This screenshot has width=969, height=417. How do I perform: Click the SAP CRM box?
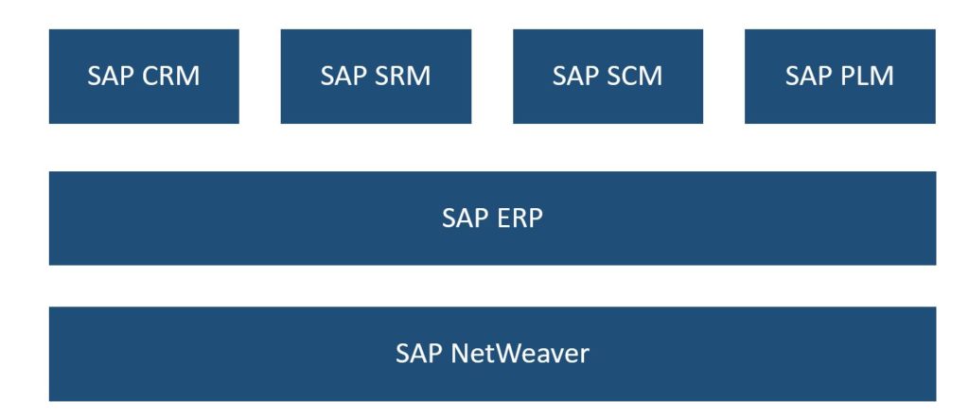(x=144, y=76)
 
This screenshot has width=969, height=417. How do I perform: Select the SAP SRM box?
(x=376, y=76)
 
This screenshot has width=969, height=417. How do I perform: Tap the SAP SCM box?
(x=608, y=76)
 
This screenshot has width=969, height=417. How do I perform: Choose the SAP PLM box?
(x=840, y=76)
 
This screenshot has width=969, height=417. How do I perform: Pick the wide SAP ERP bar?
(x=492, y=218)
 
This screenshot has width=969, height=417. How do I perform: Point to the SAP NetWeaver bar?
(x=492, y=354)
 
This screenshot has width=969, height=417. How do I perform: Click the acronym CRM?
(x=171, y=76)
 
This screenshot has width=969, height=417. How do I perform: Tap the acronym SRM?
(x=403, y=76)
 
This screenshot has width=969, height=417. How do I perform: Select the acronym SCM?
(x=635, y=76)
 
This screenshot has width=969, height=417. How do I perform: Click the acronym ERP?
(x=517, y=218)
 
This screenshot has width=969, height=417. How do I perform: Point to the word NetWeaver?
(x=520, y=354)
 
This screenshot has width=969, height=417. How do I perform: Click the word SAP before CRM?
(x=112, y=76)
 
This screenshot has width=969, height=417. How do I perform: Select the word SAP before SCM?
(x=576, y=76)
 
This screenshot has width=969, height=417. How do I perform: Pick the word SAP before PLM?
(x=809, y=76)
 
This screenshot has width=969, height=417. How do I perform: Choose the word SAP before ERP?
(x=466, y=218)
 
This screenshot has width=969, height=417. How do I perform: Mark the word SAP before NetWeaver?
(x=419, y=354)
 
